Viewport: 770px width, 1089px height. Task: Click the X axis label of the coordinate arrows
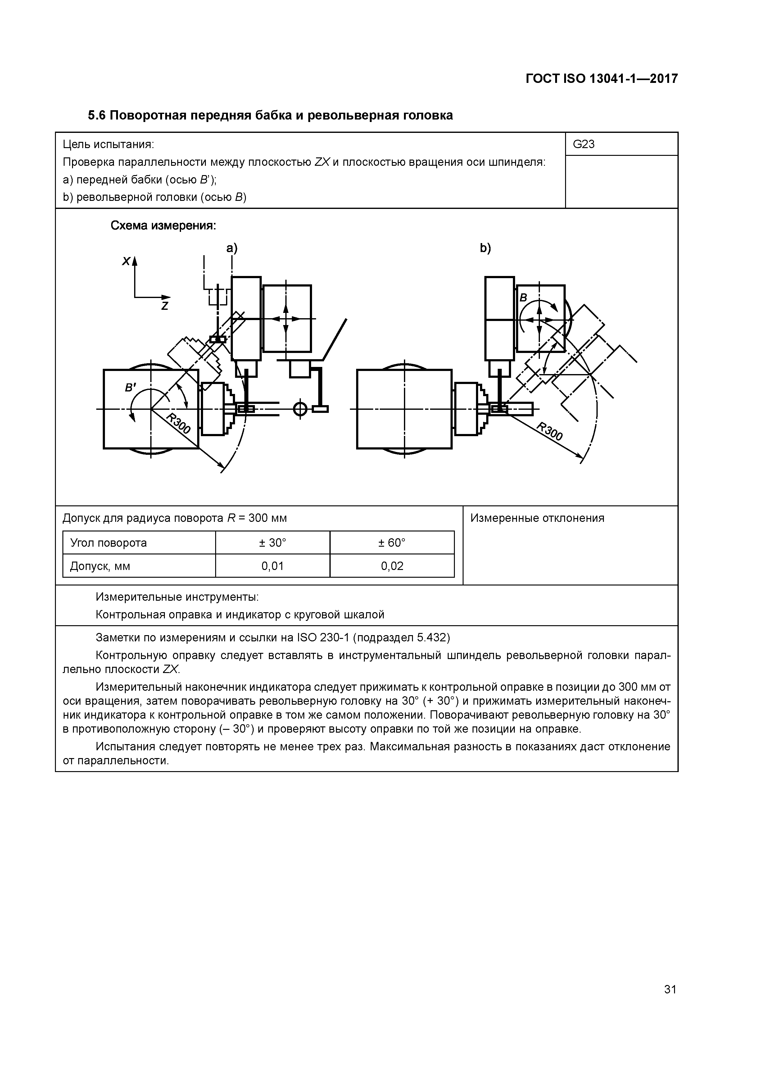[x=126, y=261]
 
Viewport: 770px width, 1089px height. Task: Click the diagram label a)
[x=232, y=248]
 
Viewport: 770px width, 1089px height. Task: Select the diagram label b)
[x=485, y=248]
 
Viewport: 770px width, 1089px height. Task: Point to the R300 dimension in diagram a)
[x=179, y=423]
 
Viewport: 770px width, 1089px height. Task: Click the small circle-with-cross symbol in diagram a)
[x=300, y=409]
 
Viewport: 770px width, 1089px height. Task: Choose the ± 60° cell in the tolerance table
[x=392, y=543]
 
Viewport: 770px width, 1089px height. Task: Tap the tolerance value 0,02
[x=392, y=566]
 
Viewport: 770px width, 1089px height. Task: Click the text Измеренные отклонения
[x=537, y=518]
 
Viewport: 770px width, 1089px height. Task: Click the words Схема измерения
[x=163, y=226]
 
